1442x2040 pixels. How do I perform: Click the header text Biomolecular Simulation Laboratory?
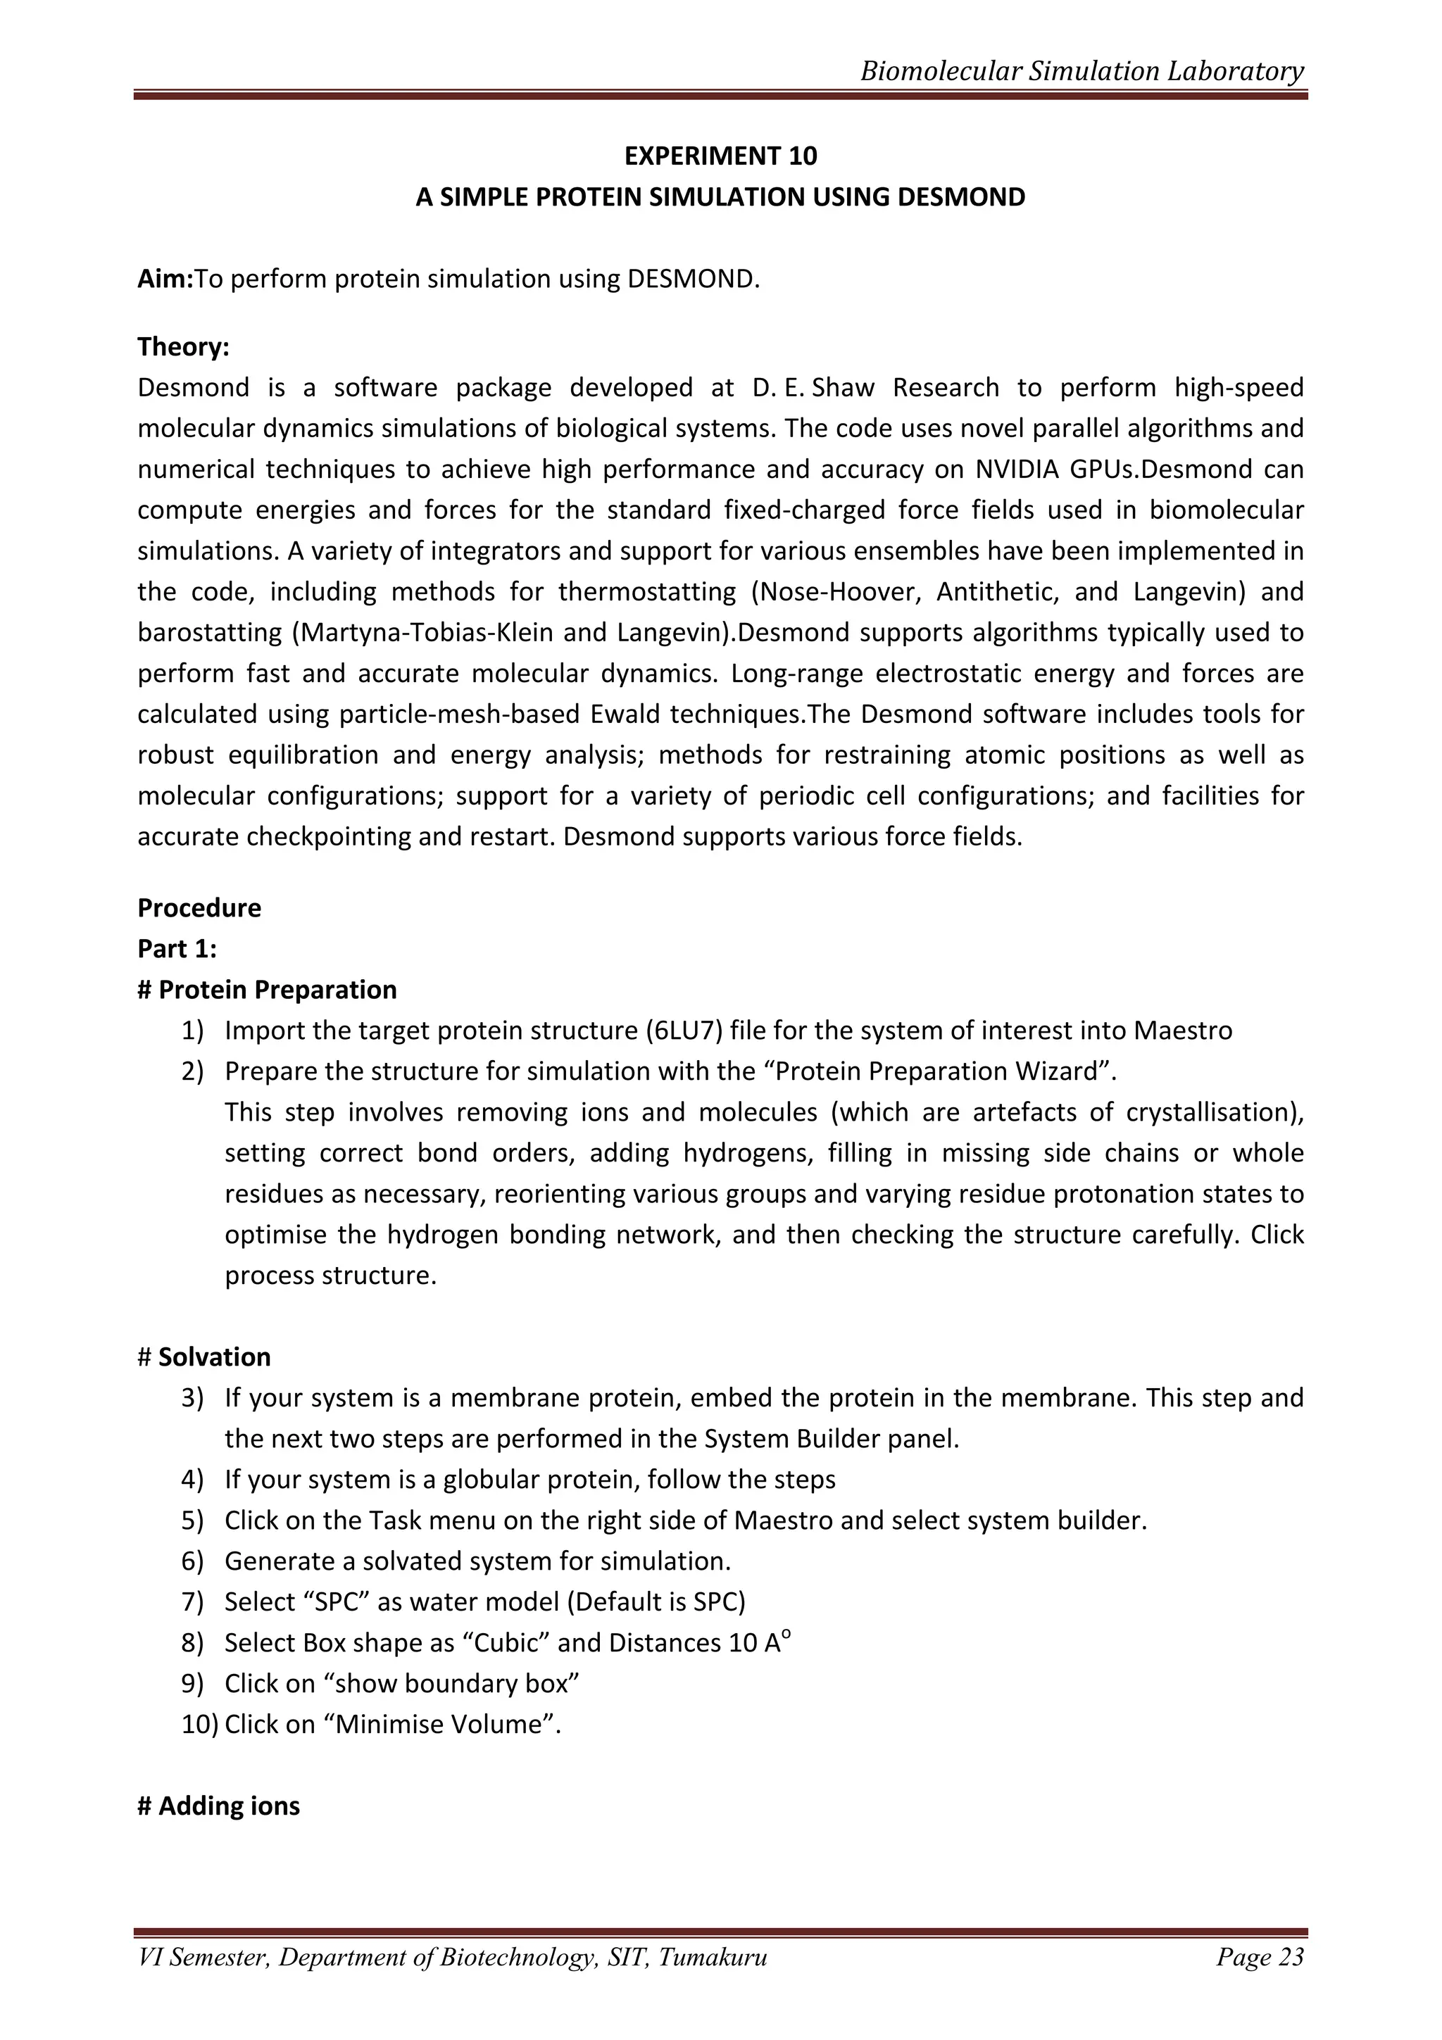tap(1081, 71)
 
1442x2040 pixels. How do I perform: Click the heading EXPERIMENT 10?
tap(720, 156)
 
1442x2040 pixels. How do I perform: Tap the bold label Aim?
tap(165, 279)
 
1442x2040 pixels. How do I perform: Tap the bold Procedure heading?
tap(199, 908)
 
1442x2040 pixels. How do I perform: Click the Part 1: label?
tap(177, 949)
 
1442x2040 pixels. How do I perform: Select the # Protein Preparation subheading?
tap(267, 990)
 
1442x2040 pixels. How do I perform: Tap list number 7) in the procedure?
tap(193, 1602)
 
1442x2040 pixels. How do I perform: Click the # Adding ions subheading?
tap(218, 1806)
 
